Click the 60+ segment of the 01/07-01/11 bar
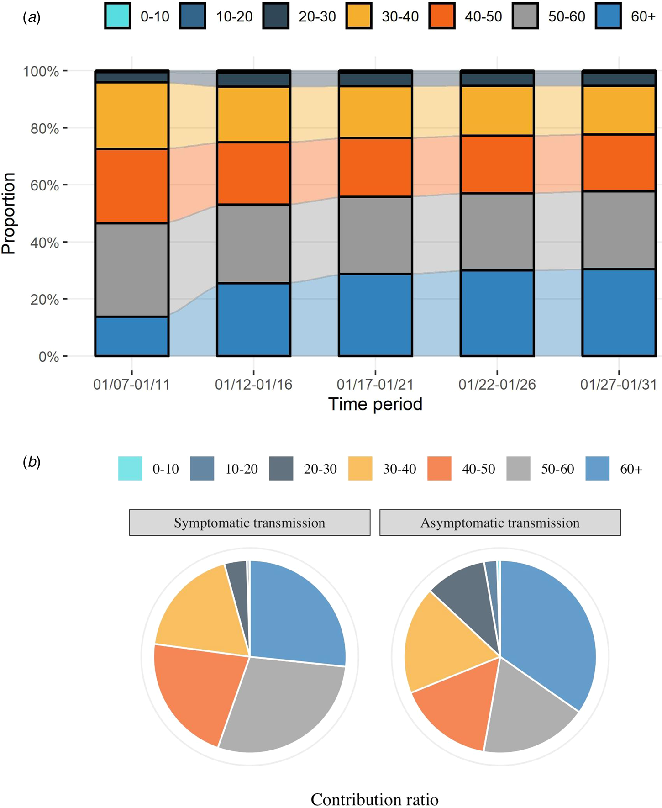pyautogui.click(x=132, y=336)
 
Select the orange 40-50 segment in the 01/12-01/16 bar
pyautogui.click(x=253, y=173)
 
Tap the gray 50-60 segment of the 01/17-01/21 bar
pyautogui.click(x=375, y=235)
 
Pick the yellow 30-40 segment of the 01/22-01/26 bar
pyautogui.click(x=497, y=111)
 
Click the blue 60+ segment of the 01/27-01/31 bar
pyautogui.click(x=619, y=312)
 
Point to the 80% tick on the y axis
pyautogui.click(x=65, y=128)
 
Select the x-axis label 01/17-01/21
pyautogui.click(x=375, y=385)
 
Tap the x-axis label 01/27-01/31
pyautogui.click(x=619, y=385)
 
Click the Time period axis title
pyautogui.click(x=375, y=404)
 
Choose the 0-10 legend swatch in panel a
pyautogui.click(x=118, y=16)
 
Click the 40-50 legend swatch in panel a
pyautogui.click(x=442, y=16)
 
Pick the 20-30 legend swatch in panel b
pyautogui.click(x=281, y=469)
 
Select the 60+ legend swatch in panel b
pyautogui.click(x=597, y=469)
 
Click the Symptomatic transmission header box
pyautogui.click(x=250, y=523)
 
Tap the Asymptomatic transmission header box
pyautogui.click(x=500, y=523)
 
